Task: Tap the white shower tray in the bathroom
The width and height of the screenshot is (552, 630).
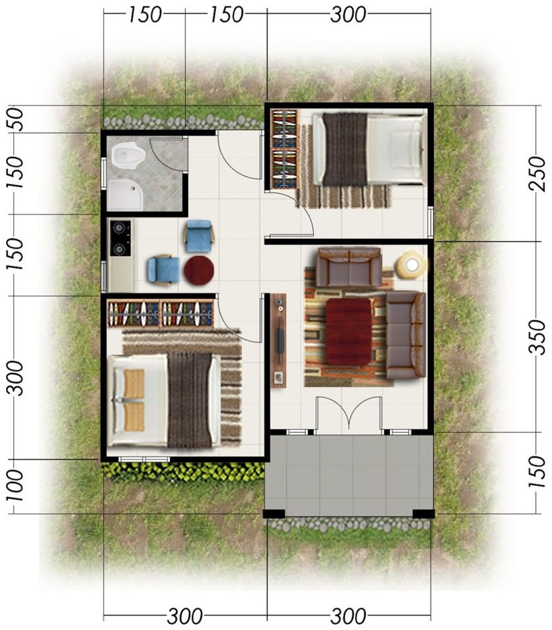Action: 126,194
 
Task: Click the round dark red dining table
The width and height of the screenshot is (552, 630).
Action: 199,270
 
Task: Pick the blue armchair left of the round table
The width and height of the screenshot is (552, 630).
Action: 163,269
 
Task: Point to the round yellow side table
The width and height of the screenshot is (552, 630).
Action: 411,264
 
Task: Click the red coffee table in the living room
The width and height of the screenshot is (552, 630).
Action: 348,331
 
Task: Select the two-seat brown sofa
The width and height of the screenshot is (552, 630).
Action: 349,267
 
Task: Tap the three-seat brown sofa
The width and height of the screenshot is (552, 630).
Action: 406,334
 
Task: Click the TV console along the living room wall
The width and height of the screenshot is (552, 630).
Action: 278,340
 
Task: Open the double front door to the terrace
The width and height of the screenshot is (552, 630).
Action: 349,415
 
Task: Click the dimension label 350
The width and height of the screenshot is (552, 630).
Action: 537,337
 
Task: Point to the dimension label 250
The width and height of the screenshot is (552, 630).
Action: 537,173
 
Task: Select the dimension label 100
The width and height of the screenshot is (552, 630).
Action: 16,485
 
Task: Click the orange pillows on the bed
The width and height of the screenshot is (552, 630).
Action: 134,400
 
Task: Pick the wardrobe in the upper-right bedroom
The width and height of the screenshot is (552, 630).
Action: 284,149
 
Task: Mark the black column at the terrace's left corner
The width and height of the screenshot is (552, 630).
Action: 274,514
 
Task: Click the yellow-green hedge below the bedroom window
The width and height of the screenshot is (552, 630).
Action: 183,472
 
